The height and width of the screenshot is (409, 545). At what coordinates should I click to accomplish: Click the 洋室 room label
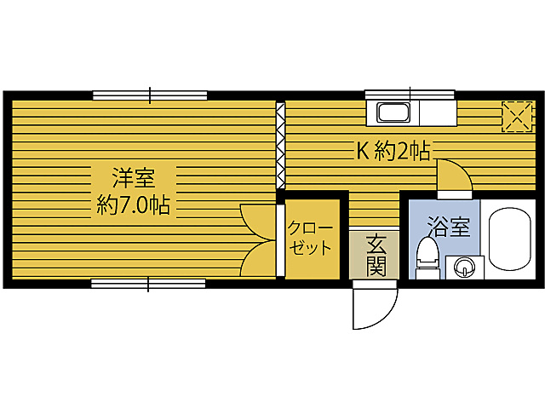tap(133, 179)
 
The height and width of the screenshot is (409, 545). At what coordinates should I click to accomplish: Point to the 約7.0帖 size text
tap(133, 204)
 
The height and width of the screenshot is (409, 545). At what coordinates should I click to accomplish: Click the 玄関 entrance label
tap(376, 255)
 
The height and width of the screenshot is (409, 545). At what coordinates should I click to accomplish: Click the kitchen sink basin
tap(394, 112)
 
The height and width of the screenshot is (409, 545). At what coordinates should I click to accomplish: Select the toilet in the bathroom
tap(427, 256)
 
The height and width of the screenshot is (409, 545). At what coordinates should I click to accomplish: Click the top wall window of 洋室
tap(150, 95)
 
